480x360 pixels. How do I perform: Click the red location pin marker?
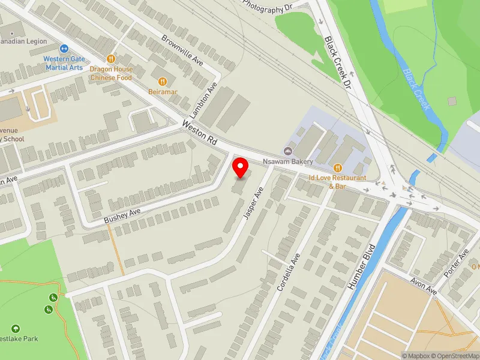coord(241,167)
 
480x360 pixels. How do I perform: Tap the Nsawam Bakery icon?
coord(287,151)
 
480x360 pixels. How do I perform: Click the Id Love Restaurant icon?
coord(337,167)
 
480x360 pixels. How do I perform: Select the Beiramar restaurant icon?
coord(162,81)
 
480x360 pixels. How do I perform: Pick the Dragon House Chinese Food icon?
coord(111,58)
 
